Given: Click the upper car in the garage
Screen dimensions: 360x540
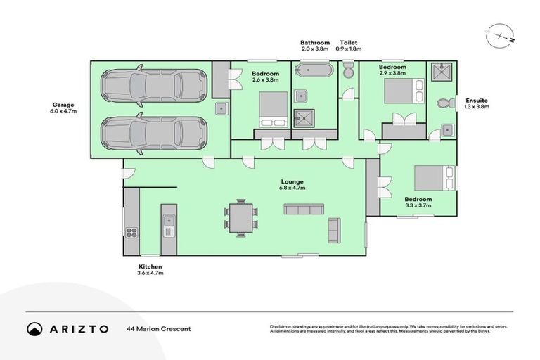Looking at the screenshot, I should (154, 86).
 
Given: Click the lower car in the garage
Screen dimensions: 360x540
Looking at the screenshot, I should (154, 131).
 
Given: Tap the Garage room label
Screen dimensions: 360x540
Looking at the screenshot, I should (62, 105).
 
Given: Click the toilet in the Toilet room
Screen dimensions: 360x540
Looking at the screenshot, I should (348, 71).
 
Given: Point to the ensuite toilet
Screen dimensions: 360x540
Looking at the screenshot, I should (444, 103).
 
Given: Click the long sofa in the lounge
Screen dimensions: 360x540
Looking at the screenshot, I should (304, 210).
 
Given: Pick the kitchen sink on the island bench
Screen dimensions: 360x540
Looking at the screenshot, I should (168, 223).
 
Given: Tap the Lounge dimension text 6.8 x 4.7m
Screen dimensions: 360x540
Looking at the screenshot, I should (291, 188).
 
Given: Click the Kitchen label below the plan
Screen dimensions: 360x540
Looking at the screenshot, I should (150, 266).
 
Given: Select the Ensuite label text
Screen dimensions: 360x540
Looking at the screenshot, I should (476, 101).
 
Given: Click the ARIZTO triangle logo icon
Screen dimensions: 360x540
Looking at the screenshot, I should (34, 328).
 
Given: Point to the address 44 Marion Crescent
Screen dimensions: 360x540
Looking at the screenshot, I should (158, 328).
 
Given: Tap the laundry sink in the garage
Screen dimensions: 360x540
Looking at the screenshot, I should (221, 108).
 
